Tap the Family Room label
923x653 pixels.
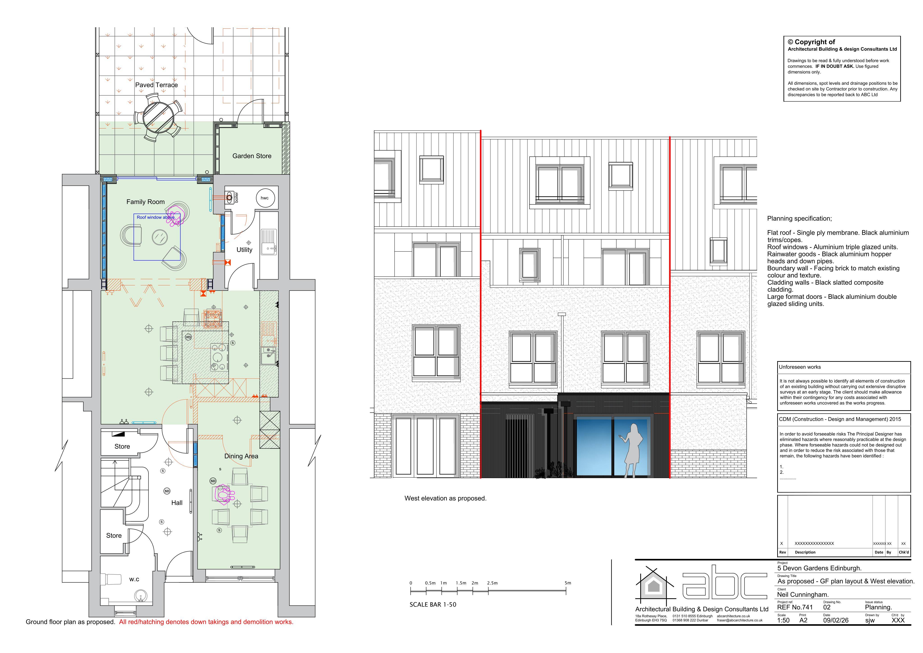[x=146, y=202]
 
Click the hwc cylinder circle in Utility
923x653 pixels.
[x=265, y=198]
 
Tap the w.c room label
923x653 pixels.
[x=134, y=580]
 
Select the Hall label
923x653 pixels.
[x=177, y=503]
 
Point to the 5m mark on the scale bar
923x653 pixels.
[x=566, y=591]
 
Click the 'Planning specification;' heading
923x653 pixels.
[x=800, y=219]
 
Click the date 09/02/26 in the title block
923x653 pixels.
[x=836, y=621]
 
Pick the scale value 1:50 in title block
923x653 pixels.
[x=784, y=621]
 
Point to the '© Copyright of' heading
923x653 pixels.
[x=811, y=42]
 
